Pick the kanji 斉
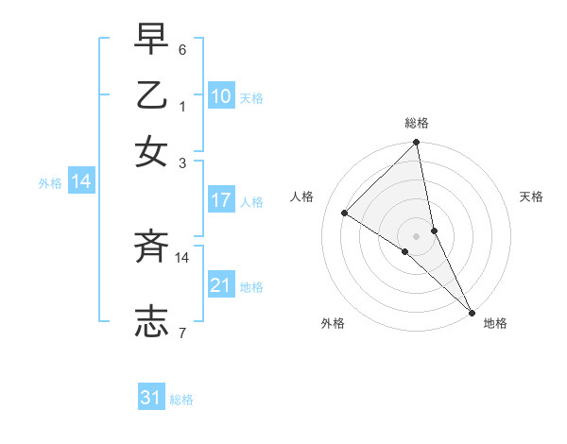click(151, 248)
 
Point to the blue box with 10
click(221, 95)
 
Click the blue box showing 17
click(221, 200)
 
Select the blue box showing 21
click(221, 284)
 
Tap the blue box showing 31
click(151, 398)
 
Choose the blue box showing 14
click(81, 182)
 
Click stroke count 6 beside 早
click(182, 49)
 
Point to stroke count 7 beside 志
click(182, 333)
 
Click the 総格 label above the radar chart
click(417, 123)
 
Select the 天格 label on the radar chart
click(532, 196)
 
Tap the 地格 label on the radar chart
click(495, 323)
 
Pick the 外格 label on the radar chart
click(333, 323)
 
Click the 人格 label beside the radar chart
click(302, 196)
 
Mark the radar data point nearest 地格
click(472, 311)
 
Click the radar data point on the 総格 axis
click(417, 144)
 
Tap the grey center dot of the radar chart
click(417, 235)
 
